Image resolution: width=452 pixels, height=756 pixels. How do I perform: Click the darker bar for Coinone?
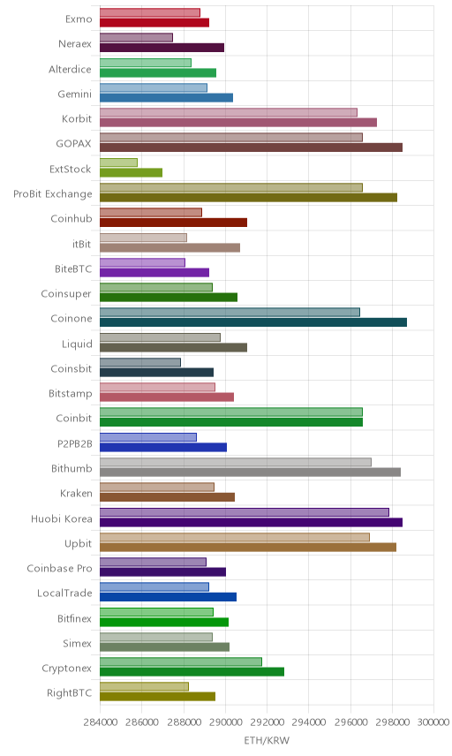253,322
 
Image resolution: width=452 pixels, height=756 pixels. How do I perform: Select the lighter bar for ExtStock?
118,163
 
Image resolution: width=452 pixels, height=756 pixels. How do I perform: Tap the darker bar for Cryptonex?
192,671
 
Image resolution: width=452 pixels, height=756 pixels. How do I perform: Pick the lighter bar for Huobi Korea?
245,512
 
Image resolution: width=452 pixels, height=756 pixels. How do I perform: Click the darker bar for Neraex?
162,48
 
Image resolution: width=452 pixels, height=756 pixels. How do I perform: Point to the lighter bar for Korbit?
229,112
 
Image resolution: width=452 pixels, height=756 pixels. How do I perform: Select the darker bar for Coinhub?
174,223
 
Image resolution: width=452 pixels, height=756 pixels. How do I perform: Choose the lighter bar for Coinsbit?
140,362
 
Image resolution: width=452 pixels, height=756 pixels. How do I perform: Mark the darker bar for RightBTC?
157,696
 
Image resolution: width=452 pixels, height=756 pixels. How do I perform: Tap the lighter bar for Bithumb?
236,462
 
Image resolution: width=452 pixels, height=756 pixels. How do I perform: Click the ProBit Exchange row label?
52,193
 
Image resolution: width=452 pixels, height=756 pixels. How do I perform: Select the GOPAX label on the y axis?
73,144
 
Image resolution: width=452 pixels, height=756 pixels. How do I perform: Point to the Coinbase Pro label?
59,569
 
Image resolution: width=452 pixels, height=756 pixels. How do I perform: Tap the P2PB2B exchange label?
75,443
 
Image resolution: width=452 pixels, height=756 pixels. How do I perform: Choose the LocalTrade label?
64,593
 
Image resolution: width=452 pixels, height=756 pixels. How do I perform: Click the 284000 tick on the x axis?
101,722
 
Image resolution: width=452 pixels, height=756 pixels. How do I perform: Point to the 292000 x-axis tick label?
267,722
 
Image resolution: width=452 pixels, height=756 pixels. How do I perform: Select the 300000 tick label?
433,722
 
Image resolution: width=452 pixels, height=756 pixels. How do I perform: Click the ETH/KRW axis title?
267,741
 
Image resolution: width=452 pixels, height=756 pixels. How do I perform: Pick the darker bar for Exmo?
154,22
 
